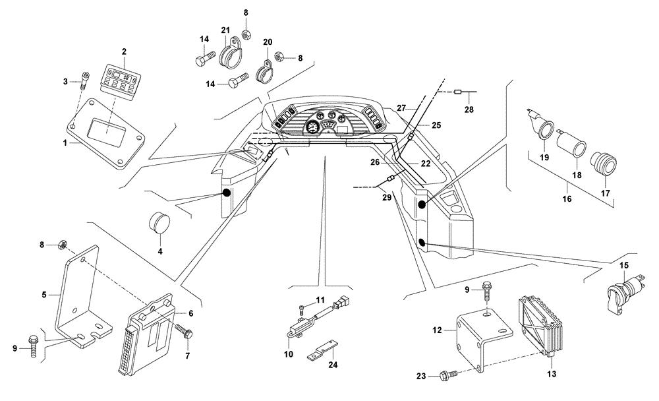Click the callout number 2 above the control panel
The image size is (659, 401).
[123, 51]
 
